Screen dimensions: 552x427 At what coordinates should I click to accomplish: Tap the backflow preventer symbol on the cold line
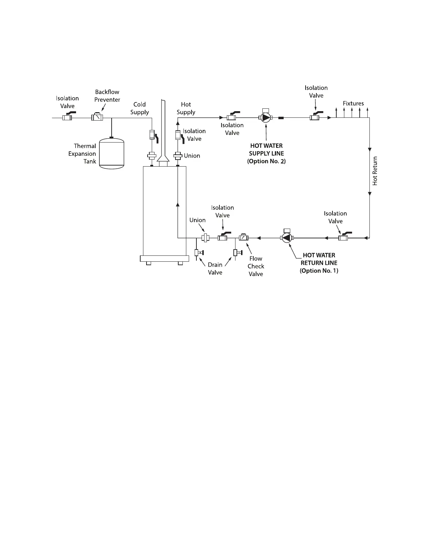(97, 117)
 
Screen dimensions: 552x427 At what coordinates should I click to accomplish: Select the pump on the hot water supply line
(266, 118)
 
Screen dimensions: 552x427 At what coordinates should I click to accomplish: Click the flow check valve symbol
(243, 238)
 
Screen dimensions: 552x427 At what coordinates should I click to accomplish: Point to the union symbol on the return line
(205, 238)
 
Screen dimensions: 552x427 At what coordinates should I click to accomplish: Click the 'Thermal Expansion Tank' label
(83, 154)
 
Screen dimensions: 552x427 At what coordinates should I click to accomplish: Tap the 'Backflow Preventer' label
(107, 96)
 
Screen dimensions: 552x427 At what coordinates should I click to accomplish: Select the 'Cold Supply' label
(140, 108)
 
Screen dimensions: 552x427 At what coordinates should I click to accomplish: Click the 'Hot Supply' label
(186, 108)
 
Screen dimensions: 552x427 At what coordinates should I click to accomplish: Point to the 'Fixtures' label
(353, 103)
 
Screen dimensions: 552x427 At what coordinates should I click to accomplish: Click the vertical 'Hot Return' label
(375, 171)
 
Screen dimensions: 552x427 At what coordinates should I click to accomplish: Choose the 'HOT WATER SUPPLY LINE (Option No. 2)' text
(266, 153)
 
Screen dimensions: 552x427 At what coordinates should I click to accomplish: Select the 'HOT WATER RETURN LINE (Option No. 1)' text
(319, 263)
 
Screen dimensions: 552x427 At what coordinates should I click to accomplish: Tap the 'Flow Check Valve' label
(256, 266)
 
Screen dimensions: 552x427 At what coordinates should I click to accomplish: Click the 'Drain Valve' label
(215, 269)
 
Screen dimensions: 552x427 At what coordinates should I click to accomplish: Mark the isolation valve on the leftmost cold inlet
(67, 117)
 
